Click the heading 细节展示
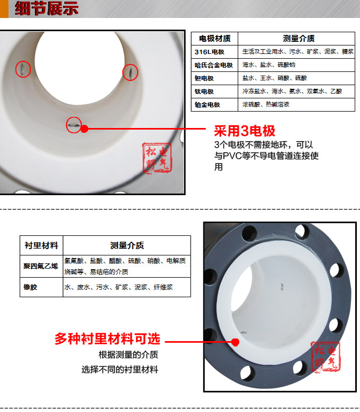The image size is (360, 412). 47,9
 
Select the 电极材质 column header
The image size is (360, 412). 214,39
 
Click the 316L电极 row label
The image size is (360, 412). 210,52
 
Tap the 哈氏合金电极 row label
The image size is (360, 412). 214,65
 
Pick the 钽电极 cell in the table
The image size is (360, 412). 204,78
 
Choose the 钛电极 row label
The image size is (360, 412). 204,91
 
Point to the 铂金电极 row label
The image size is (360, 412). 208,105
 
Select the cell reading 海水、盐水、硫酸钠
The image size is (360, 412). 269,65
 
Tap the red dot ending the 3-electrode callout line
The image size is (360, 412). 84,128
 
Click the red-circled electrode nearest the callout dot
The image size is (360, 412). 74,125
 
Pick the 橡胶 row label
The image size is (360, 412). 31,287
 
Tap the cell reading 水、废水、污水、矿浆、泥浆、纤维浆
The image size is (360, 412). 119,287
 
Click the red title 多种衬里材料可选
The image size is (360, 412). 107,339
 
